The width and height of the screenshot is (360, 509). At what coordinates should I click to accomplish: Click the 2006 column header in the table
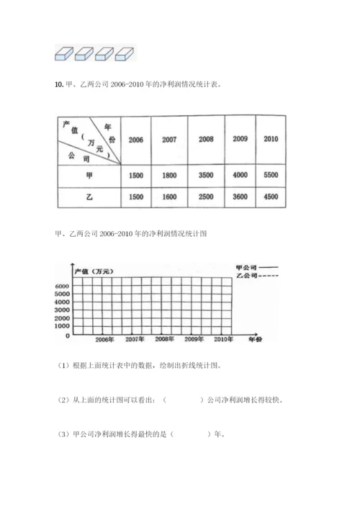[x=135, y=140]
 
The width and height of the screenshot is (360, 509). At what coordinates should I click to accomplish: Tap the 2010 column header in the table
[x=271, y=138]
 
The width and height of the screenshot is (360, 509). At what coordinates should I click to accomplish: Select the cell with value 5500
[x=271, y=175]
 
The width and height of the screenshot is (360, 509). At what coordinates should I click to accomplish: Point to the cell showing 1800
[x=170, y=175]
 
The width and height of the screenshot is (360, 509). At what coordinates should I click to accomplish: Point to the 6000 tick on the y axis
[x=61, y=287]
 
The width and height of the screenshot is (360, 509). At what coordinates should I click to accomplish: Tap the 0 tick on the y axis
[x=66, y=335]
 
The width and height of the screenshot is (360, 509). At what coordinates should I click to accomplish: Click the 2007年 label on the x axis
[x=135, y=338]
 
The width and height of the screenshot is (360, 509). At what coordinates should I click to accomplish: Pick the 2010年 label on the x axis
[x=222, y=338]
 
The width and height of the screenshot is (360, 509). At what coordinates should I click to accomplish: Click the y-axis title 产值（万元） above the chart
[x=99, y=270]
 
